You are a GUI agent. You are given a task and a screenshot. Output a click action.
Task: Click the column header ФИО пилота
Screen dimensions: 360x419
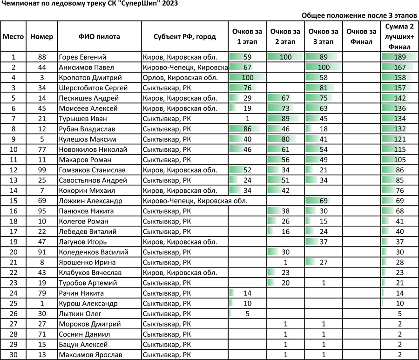pos(99,36)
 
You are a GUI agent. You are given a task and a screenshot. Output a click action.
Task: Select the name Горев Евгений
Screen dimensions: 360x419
pos(83,57)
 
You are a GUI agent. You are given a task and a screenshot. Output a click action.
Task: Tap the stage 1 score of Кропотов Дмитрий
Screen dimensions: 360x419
pos(247,78)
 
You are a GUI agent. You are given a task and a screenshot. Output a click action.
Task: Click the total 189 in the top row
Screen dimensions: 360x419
pos(399,57)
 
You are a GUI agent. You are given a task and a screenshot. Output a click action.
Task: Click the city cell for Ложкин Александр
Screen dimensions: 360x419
pos(195,201)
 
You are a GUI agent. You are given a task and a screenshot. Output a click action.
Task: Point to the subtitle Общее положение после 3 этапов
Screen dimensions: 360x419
pos(359,15)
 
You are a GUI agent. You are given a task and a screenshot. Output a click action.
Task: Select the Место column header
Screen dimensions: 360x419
pos(14,36)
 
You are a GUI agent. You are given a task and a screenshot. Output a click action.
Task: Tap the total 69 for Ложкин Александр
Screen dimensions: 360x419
pos(399,201)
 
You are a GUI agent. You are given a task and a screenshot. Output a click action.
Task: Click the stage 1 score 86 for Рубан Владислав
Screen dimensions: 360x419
pos(247,129)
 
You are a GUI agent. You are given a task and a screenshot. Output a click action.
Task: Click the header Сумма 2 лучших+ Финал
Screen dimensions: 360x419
pos(399,36)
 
